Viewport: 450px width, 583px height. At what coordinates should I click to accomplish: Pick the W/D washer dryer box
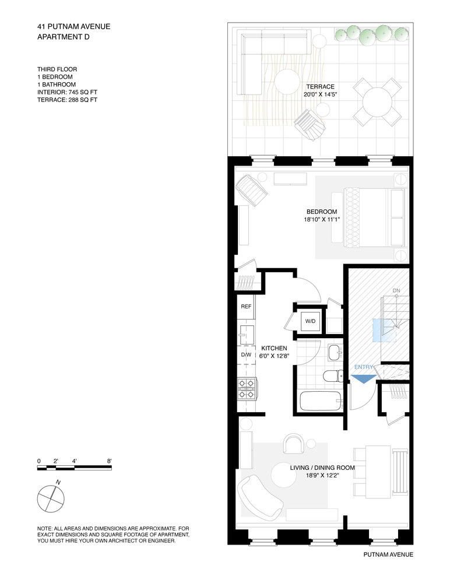[310, 321]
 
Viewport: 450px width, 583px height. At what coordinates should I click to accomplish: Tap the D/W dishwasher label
[246, 354]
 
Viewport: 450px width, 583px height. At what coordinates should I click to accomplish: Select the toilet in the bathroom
[333, 375]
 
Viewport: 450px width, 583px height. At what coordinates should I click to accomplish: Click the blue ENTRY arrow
[363, 377]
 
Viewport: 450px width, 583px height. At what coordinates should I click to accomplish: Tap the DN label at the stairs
[396, 290]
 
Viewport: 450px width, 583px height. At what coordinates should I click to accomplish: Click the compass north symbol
[51, 498]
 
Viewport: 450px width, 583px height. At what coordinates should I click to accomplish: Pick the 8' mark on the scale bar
[109, 461]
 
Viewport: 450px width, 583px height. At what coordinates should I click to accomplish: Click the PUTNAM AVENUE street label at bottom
[388, 554]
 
